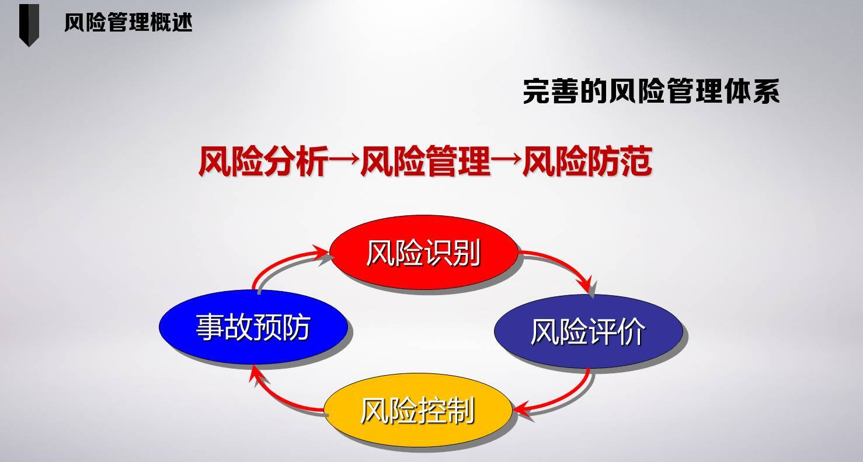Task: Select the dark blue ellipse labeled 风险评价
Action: click(587, 331)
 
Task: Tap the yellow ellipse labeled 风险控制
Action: click(417, 411)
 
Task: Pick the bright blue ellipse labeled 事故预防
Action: click(253, 327)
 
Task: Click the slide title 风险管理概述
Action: click(128, 23)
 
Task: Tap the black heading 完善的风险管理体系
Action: click(650, 92)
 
